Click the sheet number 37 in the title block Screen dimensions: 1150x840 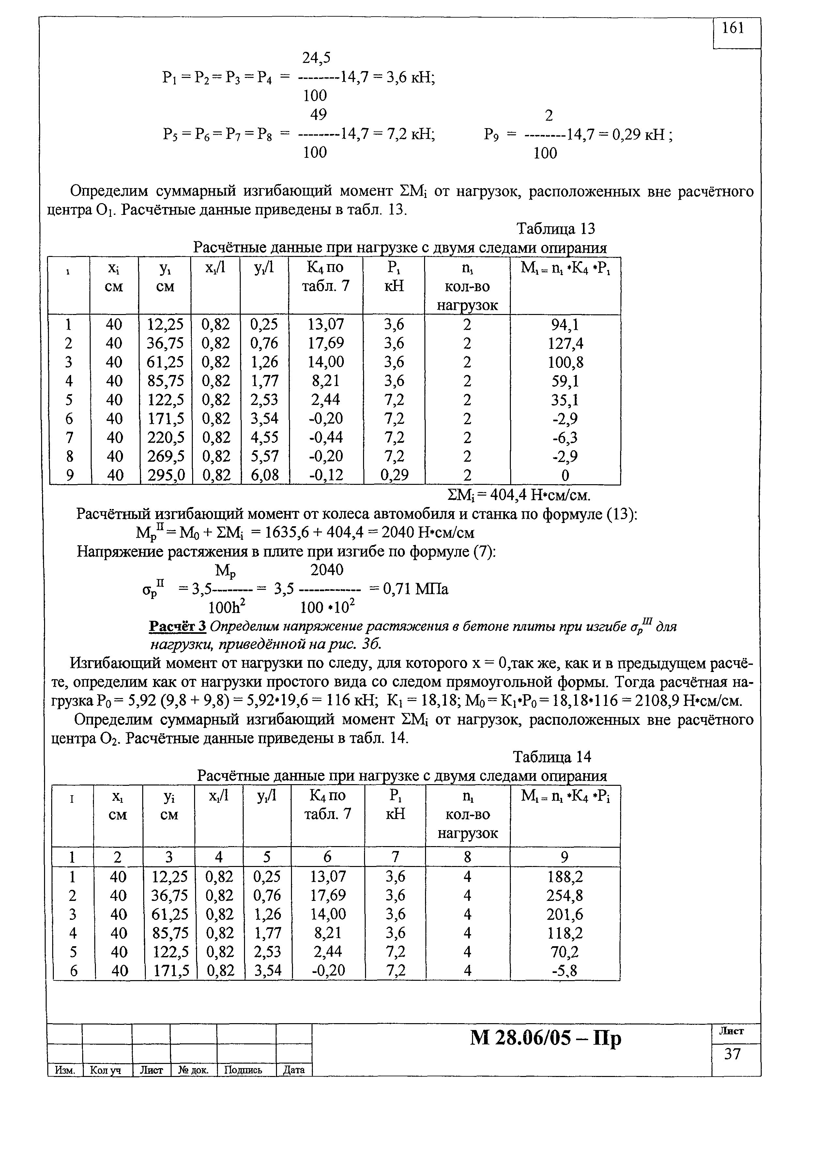point(732,1054)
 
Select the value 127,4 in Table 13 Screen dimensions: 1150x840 point(565,344)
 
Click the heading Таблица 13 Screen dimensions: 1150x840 point(555,229)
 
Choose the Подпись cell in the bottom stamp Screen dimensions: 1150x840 point(243,1070)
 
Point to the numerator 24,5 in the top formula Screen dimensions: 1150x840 point(316,58)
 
